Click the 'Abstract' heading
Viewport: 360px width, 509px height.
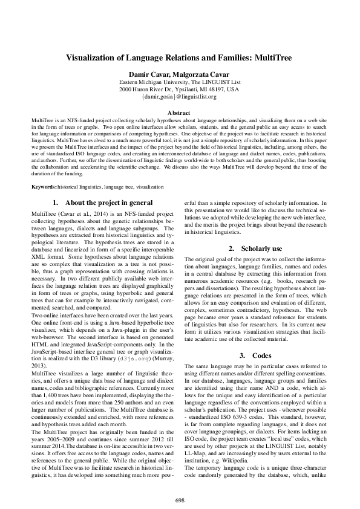point(180,113)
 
